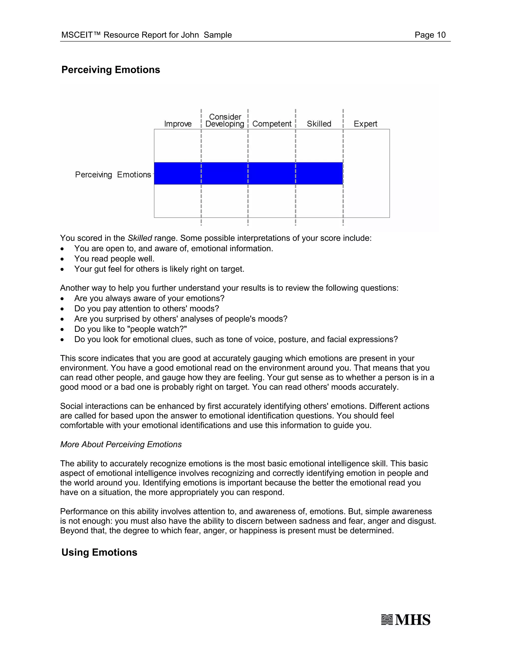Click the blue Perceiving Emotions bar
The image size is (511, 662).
(248, 173)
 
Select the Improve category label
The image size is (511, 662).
(178, 124)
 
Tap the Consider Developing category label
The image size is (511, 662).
(225, 120)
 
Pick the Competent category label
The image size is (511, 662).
(271, 124)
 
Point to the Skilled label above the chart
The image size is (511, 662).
(319, 124)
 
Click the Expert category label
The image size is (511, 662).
(365, 124)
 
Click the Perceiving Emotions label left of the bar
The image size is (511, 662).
(113, 175)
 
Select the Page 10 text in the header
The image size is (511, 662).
(430, 35)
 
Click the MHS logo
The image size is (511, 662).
(406, 620)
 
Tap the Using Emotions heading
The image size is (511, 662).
(99, 552)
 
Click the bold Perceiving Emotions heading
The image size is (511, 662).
(111, 70)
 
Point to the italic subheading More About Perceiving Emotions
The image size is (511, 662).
(121, 444)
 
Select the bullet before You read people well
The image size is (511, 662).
(62, 259)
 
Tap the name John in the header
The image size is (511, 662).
(190, 35)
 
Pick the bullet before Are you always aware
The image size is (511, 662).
(62, 299)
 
